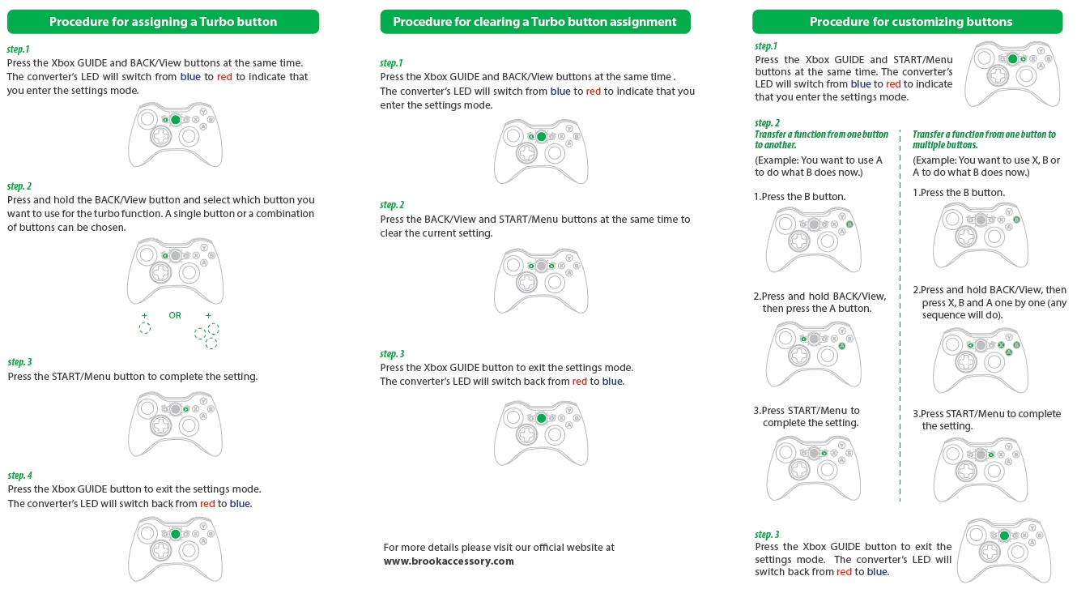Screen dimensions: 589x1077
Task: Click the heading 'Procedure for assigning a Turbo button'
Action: [x=163, y=22]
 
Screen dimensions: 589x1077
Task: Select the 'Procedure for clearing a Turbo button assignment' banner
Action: [x=534, y=22]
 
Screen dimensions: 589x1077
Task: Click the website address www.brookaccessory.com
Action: [x=449, y=561]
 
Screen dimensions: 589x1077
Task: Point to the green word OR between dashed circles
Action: [x=175, y=315]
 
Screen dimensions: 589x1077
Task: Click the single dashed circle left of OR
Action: [x=144, y=328]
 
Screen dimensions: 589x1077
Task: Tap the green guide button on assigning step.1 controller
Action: [x=176, y=120]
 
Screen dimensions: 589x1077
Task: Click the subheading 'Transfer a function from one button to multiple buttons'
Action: [x=984, y=139]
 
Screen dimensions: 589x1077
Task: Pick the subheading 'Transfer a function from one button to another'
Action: [x=821, y=139]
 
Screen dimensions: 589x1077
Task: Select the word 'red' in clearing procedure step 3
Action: [x=580, y=382]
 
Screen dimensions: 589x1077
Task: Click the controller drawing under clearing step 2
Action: [x=541, y=280]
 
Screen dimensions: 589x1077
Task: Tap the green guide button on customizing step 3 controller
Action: [x=1004, y=536]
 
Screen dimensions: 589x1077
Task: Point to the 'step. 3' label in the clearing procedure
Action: [x=392, y=354]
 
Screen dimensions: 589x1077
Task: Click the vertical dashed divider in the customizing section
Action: [x=900, y=324]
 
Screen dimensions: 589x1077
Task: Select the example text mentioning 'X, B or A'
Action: [x=985, y=166]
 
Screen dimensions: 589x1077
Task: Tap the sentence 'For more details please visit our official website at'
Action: [x=499, y=548]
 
